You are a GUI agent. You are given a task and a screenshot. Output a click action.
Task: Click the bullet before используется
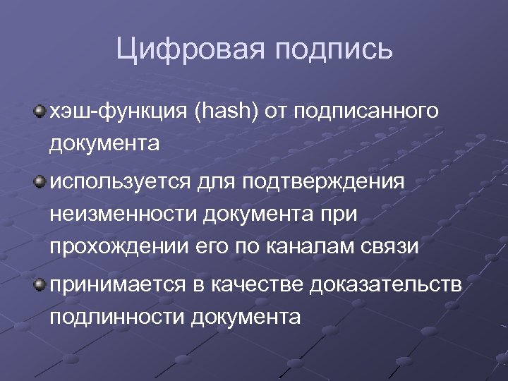click(40, 181)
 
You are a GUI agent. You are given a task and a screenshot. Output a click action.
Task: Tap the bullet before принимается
click(40, 284)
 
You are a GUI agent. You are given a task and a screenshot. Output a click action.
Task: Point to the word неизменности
click(124, 214)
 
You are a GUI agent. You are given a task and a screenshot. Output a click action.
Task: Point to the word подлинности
click(116, 317)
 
